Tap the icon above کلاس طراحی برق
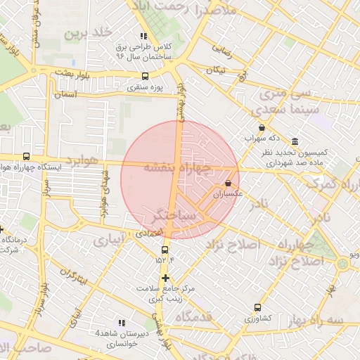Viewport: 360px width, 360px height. (x=143, y=36)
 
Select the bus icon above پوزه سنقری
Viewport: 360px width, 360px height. (x=146, y=77)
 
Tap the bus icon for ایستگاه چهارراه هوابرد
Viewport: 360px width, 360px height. (x=27, y=157)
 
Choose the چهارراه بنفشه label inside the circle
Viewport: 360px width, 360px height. (x=177, y=168)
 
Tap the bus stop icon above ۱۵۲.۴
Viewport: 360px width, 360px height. (x=165, y=250)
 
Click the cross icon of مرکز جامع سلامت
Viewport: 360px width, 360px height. (x=165, y=278)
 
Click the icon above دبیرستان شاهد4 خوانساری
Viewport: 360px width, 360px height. (x=122, y=321)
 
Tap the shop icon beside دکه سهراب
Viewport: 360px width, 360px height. (x=262, y=128)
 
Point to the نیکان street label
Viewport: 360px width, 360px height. (x=215, y=70)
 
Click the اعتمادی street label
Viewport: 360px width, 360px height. (x=148, y=233)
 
